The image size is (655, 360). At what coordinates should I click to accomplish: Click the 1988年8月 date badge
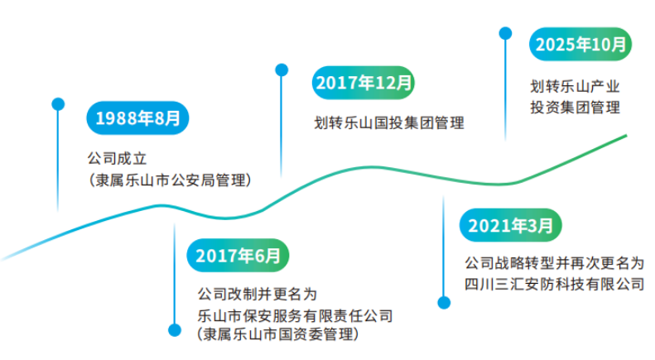tap(137, 118)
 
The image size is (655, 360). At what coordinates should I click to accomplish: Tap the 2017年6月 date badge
tap(238, 255)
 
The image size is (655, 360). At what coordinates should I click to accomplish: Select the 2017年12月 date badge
tap(363, 83)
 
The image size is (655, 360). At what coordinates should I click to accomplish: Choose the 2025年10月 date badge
tap(580, 44)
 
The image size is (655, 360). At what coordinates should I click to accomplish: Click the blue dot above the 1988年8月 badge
tap(58, 103)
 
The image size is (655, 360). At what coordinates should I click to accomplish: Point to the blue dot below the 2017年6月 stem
tap(174, 329)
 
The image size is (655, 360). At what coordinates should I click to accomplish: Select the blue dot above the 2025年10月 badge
tap(505, 32)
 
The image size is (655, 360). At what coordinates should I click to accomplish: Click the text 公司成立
tap(116, 157)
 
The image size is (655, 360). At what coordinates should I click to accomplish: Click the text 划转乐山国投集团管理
tap(389, 123)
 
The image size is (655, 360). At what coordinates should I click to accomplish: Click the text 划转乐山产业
tap(575, 85)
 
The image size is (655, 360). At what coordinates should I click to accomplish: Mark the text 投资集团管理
tap(575, 107)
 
